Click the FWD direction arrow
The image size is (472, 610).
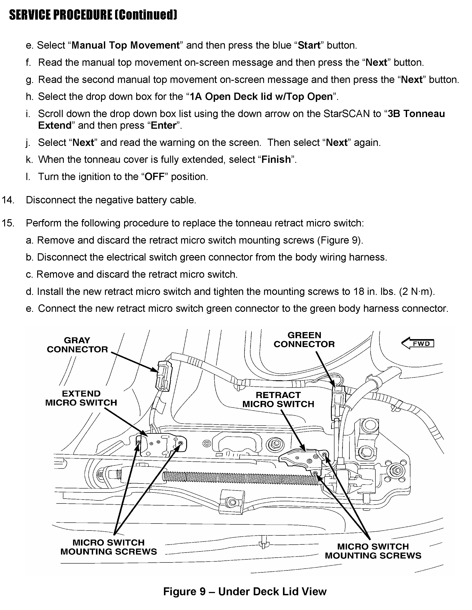pyautogui.click(x=418, y=344)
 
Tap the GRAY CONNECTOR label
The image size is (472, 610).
pyautogui.click(x=77, y=345)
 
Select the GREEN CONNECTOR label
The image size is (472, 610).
pyautogui.click(x=304, y=340)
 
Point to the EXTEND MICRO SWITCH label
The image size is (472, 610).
pyautogui.click(x=81, y=398)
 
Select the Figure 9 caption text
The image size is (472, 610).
pyautogui.click(x=245, y=592)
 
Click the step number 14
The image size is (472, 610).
pyautogui.click(x=8, y=200)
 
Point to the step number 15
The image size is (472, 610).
pyautogui.click(x=8, y=223)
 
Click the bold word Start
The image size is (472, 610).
pyautogui.click(x=309, y=45)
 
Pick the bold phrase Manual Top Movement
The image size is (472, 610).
pyautogui.click(x=125, y=45)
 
